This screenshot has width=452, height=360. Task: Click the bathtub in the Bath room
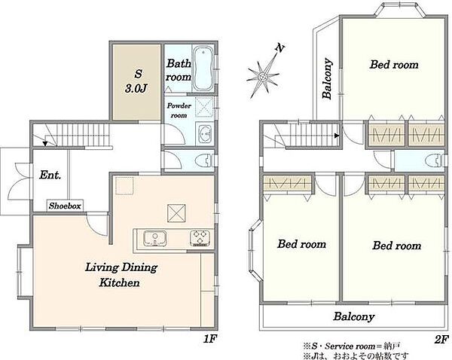203,69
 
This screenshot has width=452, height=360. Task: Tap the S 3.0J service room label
137,81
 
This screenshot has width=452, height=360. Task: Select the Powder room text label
179,111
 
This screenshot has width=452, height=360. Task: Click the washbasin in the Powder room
205,134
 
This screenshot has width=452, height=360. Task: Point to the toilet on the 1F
205,160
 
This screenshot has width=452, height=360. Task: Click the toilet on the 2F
435,160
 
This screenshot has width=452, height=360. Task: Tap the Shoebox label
65,206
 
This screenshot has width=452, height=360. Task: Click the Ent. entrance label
50,175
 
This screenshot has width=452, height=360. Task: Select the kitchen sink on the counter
155,239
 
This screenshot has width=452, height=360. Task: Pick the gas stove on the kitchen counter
200,238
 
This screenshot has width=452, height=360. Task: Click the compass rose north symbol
263,78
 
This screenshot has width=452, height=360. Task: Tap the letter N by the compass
279,48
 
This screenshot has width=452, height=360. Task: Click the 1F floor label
210,339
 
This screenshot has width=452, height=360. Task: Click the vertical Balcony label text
327,78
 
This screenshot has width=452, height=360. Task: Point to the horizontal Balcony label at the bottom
354,316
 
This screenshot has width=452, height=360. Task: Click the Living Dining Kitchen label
121,275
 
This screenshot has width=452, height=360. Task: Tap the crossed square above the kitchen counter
176,213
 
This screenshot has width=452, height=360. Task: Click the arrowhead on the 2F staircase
337,135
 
